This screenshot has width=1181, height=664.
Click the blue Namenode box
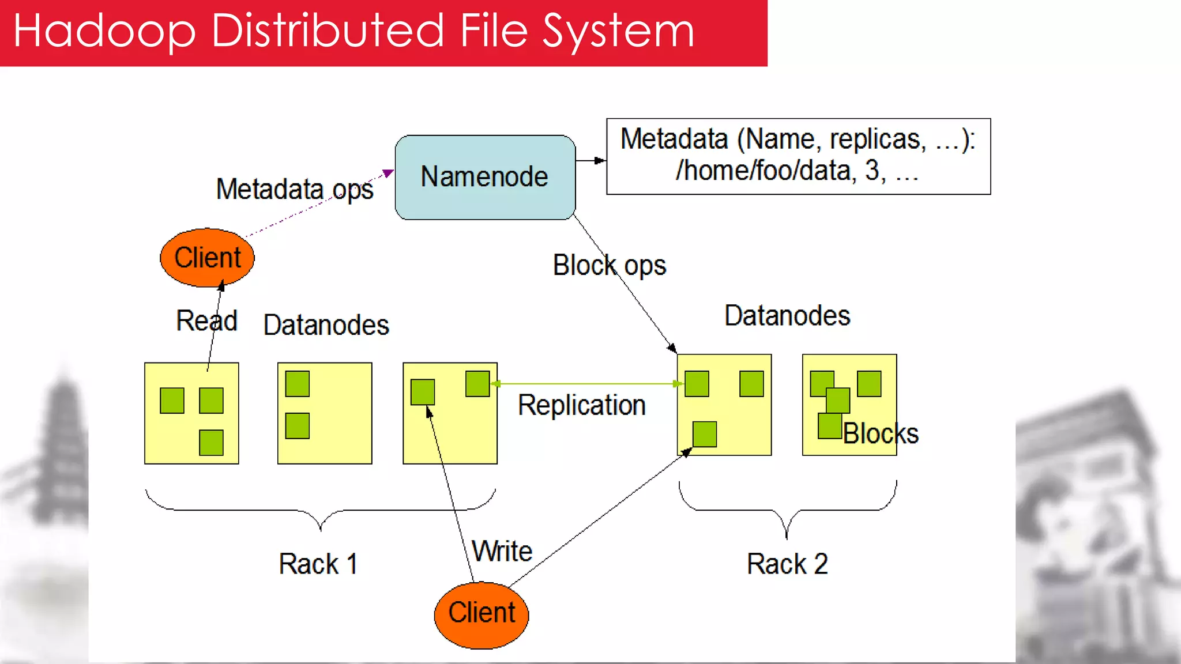pyautogui.click(x=485, y=177)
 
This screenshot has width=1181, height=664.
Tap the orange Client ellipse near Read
pyautogui.click(x=207, y=258)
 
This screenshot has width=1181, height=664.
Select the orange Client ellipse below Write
pyautogui.click(x=482, y=614)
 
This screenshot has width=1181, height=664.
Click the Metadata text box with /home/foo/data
pyautogui.click(x=798, y=156)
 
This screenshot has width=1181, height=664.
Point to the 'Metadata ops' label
pyautogui.click(x=295, y=189)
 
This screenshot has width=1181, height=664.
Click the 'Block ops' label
pyautogui.click(x=609, y=265)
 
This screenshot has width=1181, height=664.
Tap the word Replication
pyautogui.click(x=581, y=405)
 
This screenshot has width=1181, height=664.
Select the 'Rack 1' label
pyautogui.click(x=318, y=563)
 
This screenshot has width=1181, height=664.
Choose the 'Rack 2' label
pyautogui.click(x=787, y=563)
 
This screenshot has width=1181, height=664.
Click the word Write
pyautogui.click(x=502, y=551)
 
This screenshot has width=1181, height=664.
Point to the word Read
pyautogui.click(x=206, y=320)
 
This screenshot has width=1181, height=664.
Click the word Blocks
pyautogui.click(x=880, y=433)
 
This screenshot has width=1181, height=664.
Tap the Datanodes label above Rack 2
pyautogui.click(x=787, y=315)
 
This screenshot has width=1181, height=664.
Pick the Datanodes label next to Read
pyautogui.click(x=326, y=325)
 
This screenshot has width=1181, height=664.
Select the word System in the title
pyautogui.click(x=619, y=31)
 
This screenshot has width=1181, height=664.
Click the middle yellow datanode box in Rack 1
pyautogui.click(x=325, y=413)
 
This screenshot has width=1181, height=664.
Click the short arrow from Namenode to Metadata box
pyautogui.click(x=590, y=160)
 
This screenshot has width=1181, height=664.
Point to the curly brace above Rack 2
pyautogui.click(x=787, y=510)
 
